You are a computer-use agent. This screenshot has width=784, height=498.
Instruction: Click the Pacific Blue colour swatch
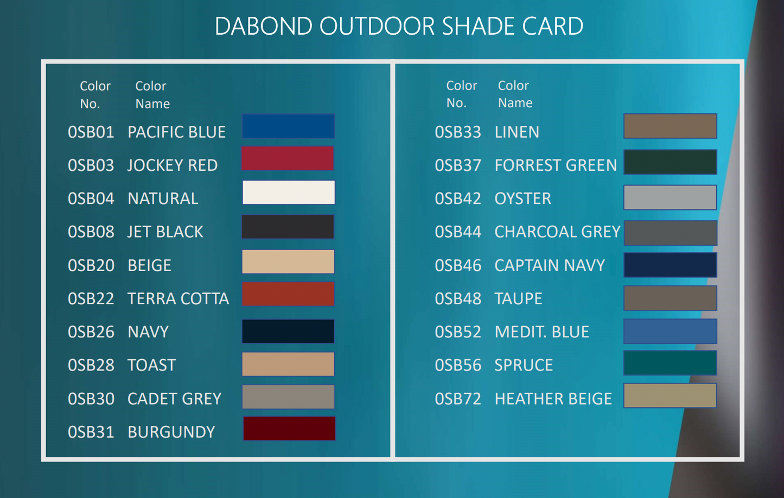288,126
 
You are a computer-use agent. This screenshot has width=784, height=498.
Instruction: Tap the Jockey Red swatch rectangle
288,158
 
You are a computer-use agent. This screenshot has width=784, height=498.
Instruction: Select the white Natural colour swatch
289,192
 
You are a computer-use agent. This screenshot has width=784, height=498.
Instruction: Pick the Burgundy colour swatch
289,428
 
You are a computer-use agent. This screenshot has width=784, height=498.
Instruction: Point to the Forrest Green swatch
670,162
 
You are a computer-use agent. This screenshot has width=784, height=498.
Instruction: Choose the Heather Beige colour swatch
670,395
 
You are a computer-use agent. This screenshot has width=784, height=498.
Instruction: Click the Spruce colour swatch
670,363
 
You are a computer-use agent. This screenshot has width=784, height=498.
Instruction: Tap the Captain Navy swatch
670,265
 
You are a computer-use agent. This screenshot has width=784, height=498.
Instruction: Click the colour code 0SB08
91,232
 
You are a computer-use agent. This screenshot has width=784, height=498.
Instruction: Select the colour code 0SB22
91,298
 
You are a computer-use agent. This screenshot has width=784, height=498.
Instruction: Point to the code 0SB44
458,232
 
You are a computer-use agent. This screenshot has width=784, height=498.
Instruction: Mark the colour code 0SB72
458,399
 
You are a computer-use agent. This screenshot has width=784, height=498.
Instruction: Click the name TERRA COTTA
178,298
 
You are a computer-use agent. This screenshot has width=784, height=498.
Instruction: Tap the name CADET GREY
174,399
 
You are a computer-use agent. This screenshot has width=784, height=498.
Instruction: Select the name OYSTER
522,199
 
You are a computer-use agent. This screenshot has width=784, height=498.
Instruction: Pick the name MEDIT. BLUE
542,332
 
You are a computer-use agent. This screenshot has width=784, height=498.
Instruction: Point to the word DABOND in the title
264,26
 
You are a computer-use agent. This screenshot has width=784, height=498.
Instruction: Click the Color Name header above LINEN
515,94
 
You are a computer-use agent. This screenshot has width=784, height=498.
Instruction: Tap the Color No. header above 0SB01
95,95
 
